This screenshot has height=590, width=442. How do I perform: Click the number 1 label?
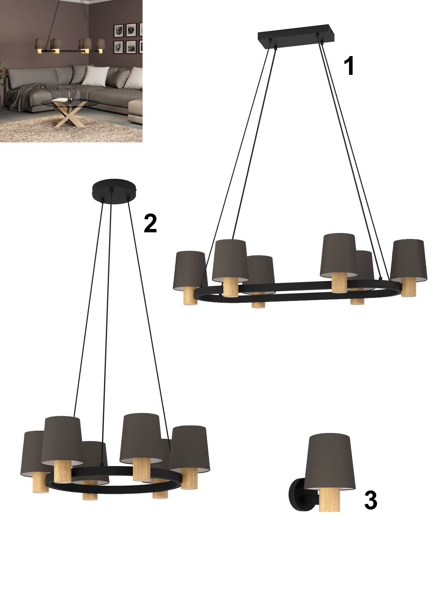350,66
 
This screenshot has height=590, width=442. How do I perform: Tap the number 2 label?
150,223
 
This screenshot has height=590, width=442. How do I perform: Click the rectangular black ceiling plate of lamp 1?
296,37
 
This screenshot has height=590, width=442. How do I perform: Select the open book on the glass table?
61,100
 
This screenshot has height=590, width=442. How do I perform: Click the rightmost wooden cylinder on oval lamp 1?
408,287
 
